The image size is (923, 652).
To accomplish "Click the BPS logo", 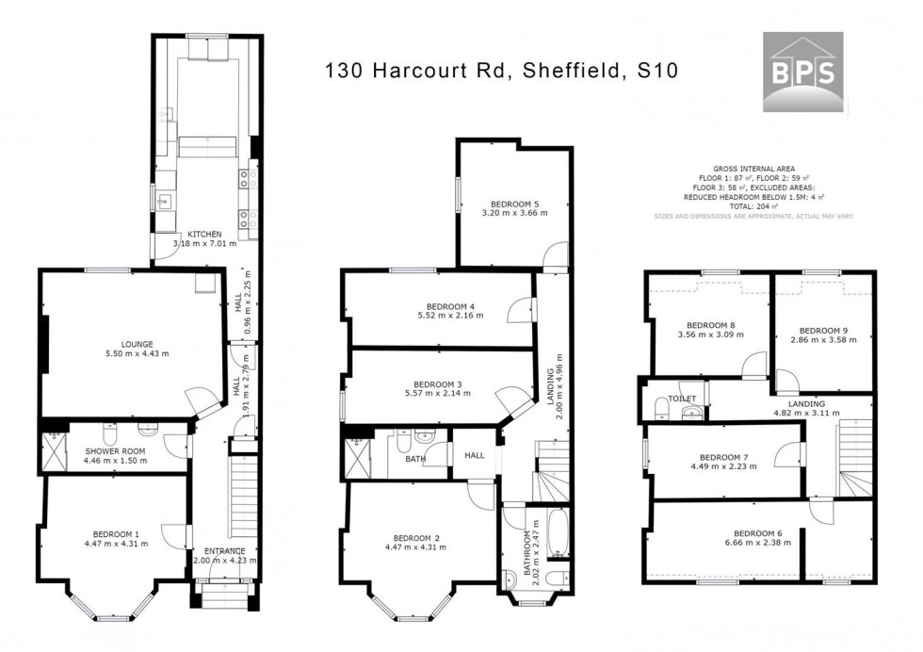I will point(802,72).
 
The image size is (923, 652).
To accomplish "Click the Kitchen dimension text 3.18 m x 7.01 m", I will point(205,245).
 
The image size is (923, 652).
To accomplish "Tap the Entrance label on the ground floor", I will point(223,551).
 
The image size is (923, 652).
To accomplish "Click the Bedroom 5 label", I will point(516,203).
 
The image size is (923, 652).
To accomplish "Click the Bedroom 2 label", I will point(419,538).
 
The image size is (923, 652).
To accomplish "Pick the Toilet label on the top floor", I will point(683,399).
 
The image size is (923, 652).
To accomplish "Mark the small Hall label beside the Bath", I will point(475,455).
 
